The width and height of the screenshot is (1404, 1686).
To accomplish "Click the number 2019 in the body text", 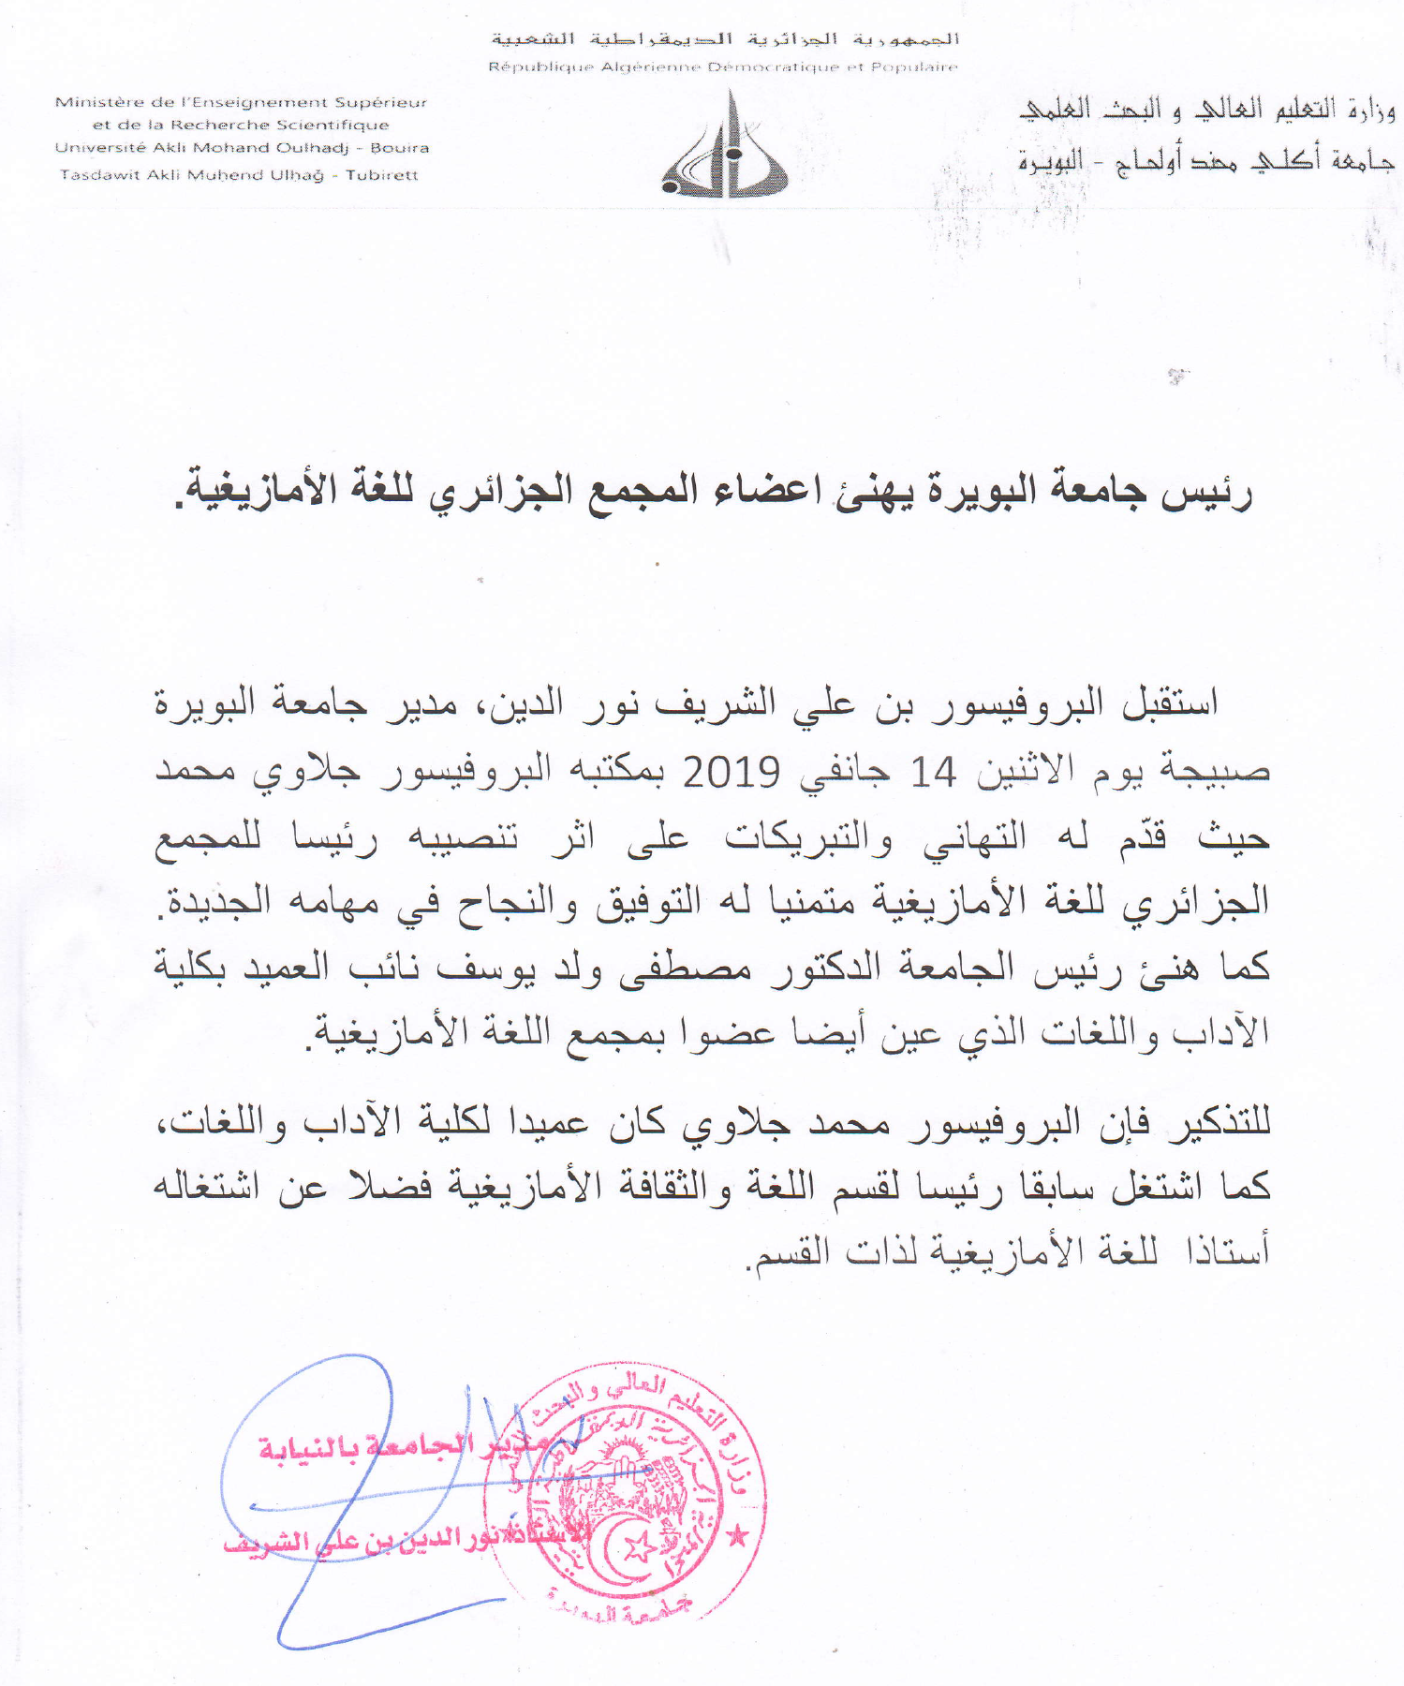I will pyautogui.click(x=731, y=773).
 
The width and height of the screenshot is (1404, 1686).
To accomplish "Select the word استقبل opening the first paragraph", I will pyautogui.click(x=1171, y=702).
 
